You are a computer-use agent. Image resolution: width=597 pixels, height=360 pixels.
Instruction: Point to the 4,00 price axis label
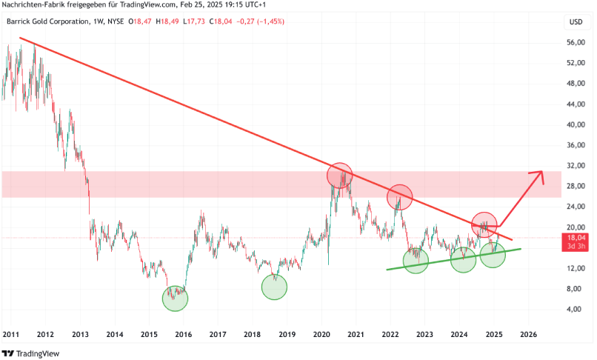tap(575, 309)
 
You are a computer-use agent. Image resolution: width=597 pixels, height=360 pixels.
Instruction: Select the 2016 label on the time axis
tap(183, 334)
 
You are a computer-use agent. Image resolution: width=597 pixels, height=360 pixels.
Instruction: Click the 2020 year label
tap(321, 334)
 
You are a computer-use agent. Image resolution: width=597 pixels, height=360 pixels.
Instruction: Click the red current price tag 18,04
tap(576, 238)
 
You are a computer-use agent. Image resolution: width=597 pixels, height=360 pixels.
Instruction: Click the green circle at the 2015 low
tap(176, 298)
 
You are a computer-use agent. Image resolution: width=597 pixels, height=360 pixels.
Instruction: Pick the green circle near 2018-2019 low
tap(275, 287)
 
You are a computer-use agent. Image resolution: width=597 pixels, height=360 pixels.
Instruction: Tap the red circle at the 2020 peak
tap(340, 176)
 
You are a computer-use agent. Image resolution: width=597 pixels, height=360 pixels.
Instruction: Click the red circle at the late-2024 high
tap(484, 224)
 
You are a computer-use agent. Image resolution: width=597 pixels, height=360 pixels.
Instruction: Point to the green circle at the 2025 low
tap(493, 255)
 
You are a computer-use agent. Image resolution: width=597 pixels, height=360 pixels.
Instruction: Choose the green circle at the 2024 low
tap(463, 259)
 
